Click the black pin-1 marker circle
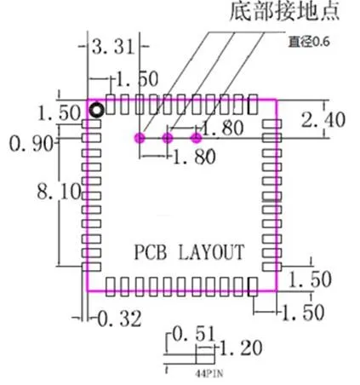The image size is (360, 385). click(97, 110)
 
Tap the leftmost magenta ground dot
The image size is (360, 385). click(140, 138)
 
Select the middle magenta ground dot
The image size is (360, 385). click(168, 138)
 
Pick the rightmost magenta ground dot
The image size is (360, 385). click(197, 138)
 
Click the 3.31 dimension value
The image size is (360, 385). click(112, 47)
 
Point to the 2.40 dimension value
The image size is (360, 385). click(323, 119)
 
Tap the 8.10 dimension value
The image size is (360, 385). click(59, 192)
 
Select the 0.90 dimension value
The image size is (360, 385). click(31, 143)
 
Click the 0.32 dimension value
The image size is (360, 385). click(119, 319)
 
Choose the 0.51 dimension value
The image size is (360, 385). click(194, 334)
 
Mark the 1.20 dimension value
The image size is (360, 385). click(241, 348)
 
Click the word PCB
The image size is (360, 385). click(150, 252)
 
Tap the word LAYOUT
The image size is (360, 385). click(211, 252)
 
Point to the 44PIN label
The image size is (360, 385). click(209, 373)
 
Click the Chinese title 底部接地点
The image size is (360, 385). click(284, 11)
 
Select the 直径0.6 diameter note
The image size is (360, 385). click(309, 42)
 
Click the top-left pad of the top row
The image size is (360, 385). click(111, 105)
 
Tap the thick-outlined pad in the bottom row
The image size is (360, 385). click(253, 287)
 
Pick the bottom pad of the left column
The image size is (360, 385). click(91, 267)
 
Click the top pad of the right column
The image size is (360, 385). click(271, 124)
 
